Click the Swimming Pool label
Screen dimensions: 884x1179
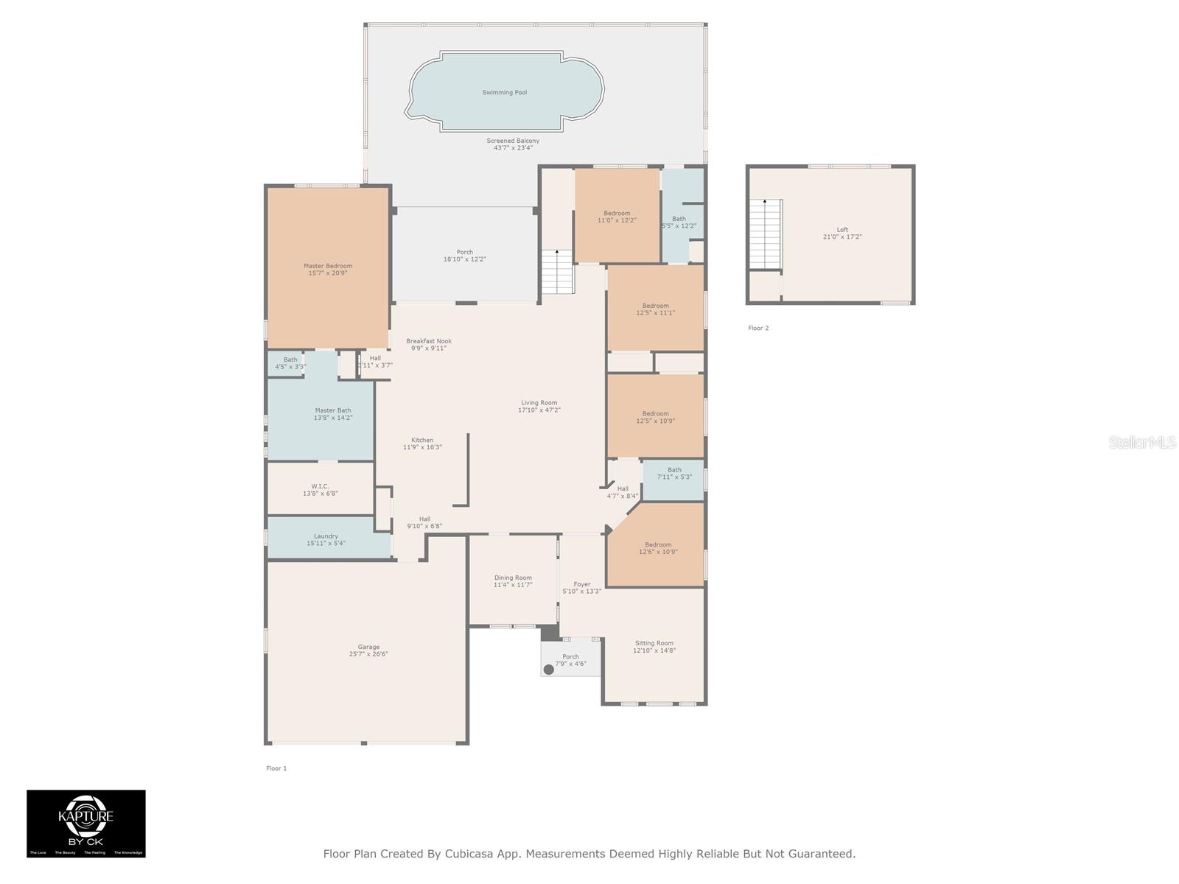point(504,93)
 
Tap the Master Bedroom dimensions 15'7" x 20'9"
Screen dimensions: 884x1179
point(328,273)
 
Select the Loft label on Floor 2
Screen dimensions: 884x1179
point(842,230)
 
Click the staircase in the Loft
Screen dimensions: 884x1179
point(765,234)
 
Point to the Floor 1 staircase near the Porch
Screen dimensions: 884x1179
point(557,272)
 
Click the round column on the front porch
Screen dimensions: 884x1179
point(548,670)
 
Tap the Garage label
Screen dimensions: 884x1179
point(368,647)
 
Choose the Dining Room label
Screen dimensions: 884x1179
point(513,578)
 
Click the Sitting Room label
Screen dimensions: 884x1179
point(654,643)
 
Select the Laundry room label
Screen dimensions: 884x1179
point(326,536)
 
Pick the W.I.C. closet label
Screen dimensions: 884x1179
point(320,486)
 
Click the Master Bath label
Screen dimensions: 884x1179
point(333,410)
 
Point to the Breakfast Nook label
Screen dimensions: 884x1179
point(429,341)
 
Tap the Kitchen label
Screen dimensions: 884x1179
point(422,440)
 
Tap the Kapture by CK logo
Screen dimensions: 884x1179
point(86,823)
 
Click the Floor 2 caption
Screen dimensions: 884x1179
point(758,328)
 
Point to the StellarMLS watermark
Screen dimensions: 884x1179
point(1141,442)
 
